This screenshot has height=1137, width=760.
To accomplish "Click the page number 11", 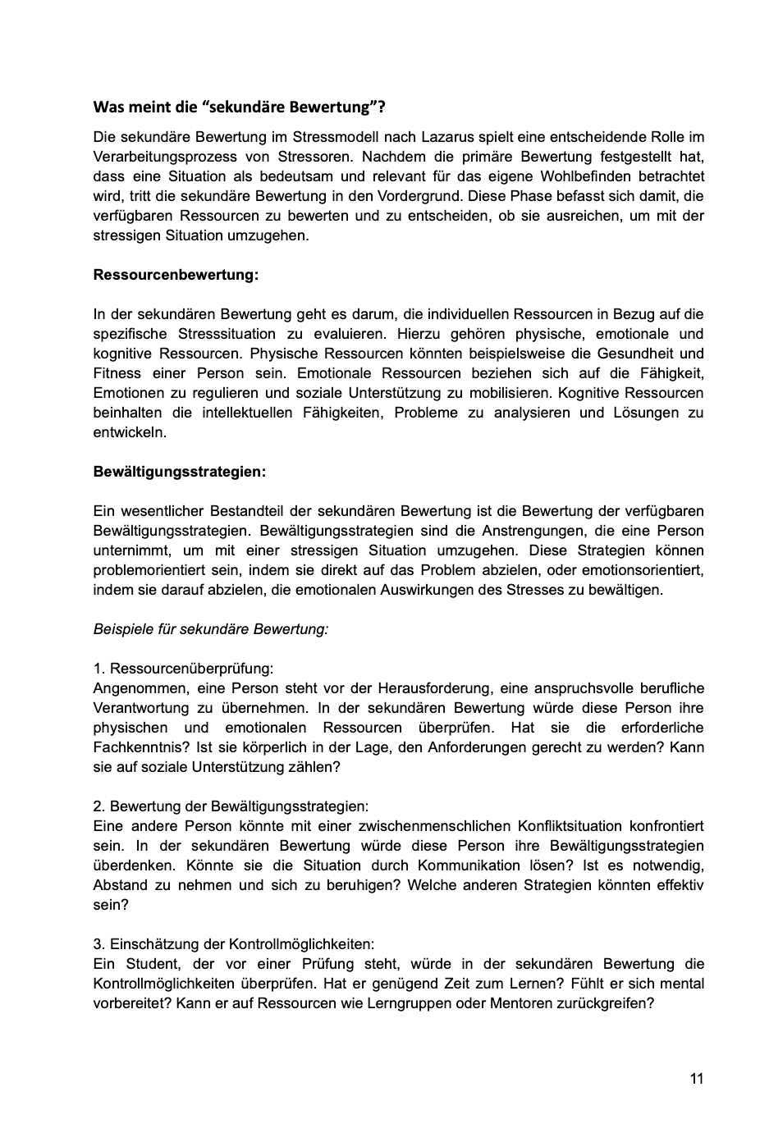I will [x=697, y=1079].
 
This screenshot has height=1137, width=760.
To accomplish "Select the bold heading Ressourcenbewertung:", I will [x=176, y=275].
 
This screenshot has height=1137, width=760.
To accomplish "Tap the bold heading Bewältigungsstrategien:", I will [x=179, y=472].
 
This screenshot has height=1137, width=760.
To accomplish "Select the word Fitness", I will [x=118, y=373].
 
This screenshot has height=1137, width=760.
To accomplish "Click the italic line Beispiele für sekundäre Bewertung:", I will [x=211, y=629].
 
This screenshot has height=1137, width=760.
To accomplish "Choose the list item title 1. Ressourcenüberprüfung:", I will [x=183, y=669].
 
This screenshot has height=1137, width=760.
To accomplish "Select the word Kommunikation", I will [x=469, y=865].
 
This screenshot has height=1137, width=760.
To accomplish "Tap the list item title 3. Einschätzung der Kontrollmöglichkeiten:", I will [x=233, y=944].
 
